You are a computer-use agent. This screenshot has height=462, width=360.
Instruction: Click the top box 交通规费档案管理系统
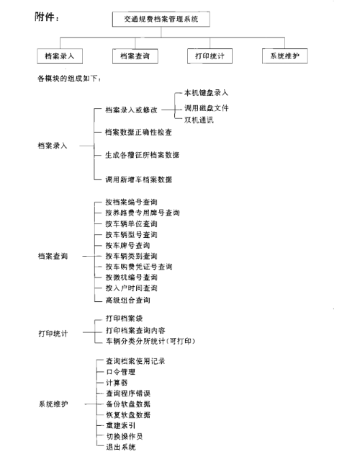point(161,19)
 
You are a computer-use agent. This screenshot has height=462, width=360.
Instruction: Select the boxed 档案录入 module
point(60,56)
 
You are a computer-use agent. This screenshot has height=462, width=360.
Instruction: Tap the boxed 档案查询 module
point(135,56)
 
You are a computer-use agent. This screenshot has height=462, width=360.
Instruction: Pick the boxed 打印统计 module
point(210,56)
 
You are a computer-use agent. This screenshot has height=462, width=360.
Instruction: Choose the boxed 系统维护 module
point(285,56)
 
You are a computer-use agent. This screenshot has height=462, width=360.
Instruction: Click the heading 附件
point(45,17)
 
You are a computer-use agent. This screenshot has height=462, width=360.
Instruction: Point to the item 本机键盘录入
point(207,93)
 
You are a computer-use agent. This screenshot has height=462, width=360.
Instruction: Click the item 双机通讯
point(199,120)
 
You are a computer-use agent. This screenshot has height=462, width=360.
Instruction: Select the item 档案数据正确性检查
point(138,133)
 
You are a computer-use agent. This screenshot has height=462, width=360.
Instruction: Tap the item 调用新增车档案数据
point(139,179)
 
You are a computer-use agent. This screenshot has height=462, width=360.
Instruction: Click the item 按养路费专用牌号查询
point(143,213)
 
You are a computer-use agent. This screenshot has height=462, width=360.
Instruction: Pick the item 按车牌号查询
point(127,246)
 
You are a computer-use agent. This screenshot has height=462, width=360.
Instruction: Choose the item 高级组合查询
point(127,301)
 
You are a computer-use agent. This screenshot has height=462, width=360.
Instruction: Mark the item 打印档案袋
point(125,319)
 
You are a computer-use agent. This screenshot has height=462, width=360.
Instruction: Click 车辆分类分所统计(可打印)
point(150,341)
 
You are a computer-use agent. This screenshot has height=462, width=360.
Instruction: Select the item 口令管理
point(121,372)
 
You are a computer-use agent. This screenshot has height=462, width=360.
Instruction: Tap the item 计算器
point(117,383)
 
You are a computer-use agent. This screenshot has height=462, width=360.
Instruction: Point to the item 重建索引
point(121,425)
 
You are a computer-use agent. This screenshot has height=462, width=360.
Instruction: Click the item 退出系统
point(121,447)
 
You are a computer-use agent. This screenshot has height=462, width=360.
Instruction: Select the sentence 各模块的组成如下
point(69,79)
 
